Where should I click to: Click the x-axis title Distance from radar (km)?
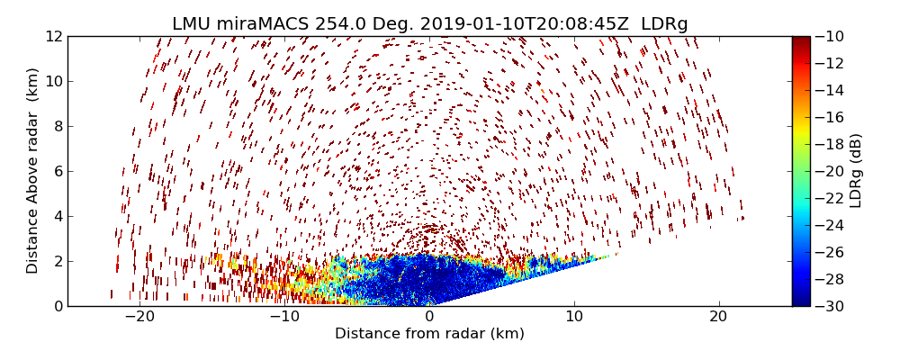pos(429,334)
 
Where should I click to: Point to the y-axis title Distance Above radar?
pos(33,171)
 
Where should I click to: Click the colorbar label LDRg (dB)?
pos(856,171)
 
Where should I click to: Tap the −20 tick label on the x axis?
pos(139,317)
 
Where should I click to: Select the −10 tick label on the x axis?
pos(284,317)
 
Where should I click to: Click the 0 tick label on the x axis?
pos(429,317)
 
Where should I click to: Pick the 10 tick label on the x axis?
pos(574,317)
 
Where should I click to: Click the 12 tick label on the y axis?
pos(54,37)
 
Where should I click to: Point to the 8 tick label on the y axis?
pos(58,126)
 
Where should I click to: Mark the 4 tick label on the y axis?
pos(58,216)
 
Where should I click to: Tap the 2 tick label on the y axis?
pos(58,261)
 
